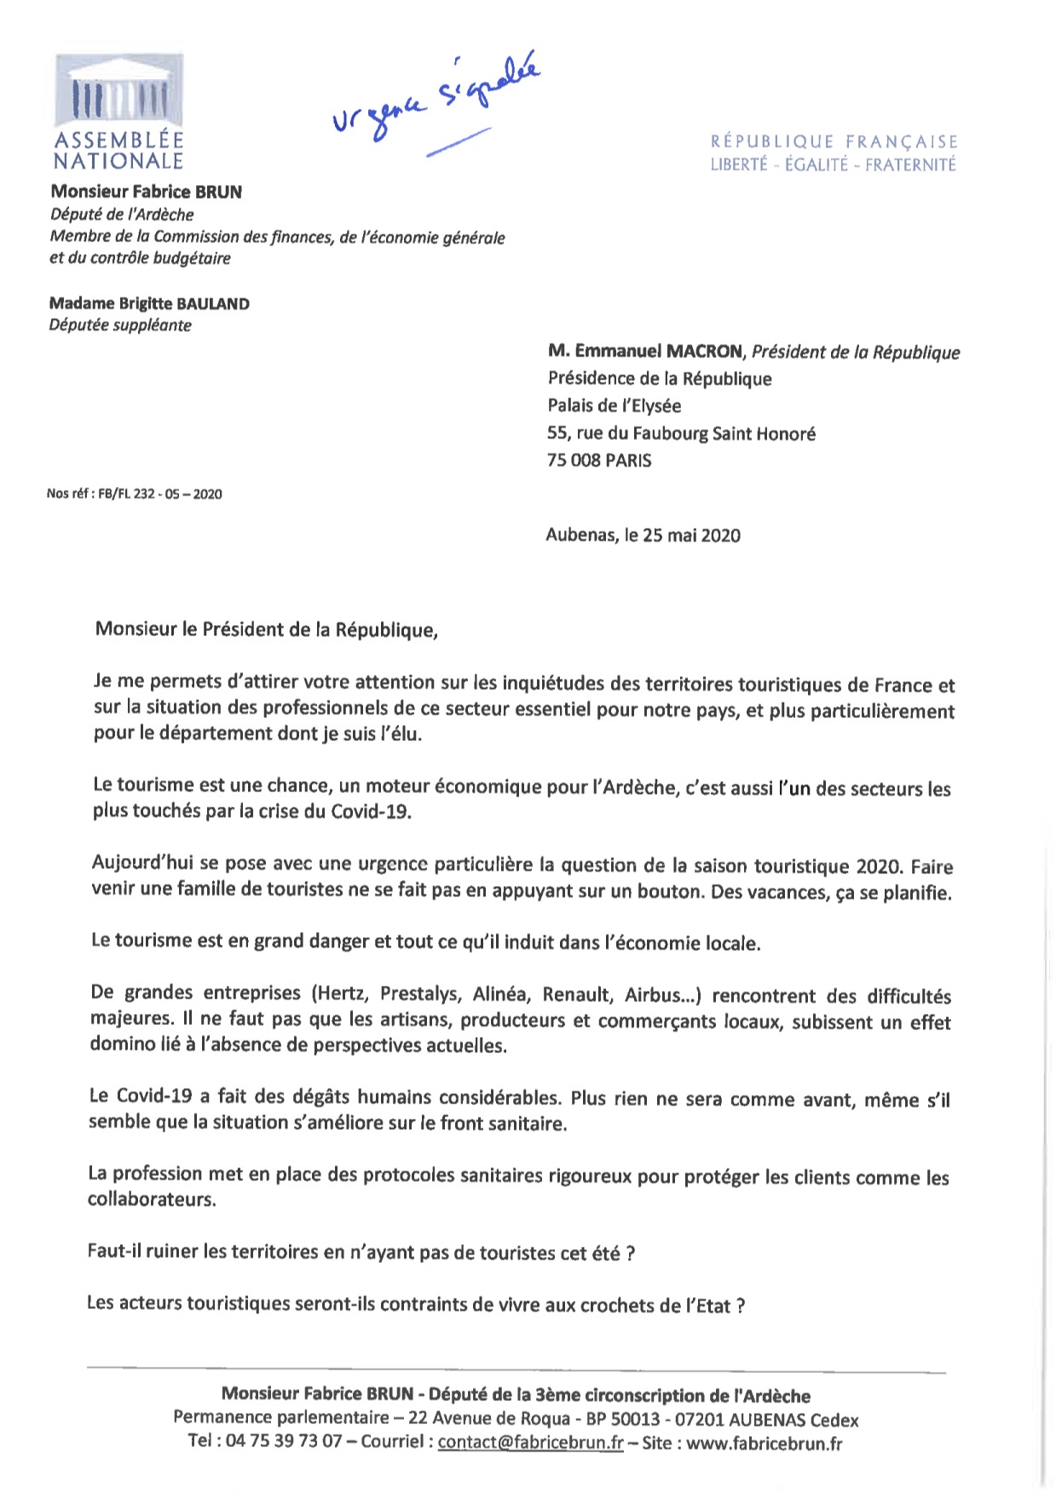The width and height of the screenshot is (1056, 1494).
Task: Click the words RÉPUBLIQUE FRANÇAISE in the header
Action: pos(834,142)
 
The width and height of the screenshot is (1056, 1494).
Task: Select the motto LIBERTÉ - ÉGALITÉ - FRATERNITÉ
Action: pos(834,165)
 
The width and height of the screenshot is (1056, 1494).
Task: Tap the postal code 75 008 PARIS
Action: pos(599,460)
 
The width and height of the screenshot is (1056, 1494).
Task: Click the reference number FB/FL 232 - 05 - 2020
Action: pos(160,494)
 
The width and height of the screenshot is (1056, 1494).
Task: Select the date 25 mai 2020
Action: pos(691,536)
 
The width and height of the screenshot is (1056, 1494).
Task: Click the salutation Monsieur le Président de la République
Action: pos(266,629)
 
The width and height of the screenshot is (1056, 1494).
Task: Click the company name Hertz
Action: pos(342,993)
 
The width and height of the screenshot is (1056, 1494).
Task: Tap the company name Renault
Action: pos(577,994)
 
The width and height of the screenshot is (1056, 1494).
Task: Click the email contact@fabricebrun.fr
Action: pos(530,1443)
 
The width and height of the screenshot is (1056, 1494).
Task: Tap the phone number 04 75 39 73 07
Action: pos(284,1442)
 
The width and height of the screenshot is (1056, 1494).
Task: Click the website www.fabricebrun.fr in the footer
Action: pos(765,1444)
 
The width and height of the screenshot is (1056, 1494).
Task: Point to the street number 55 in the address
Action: pos(558,433)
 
